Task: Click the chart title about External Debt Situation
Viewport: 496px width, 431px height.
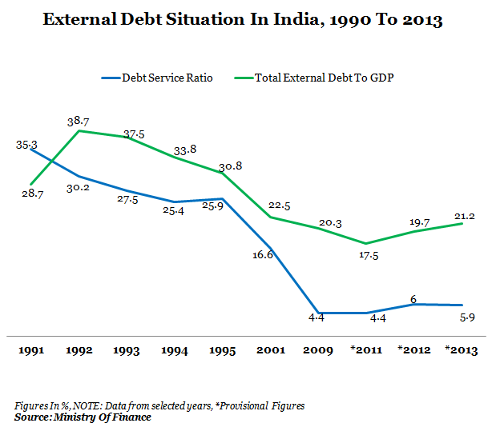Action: point(242,20)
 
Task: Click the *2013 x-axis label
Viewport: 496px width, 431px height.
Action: point(462,350)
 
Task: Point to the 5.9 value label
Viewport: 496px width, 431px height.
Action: point(465,317)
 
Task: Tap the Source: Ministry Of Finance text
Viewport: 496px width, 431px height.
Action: point(83,417)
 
